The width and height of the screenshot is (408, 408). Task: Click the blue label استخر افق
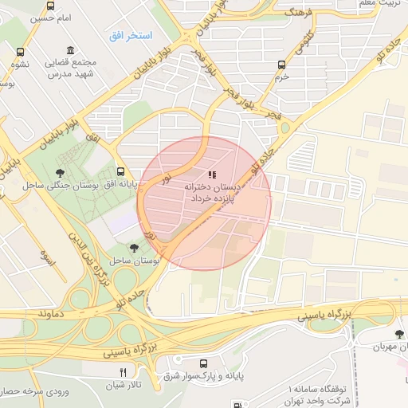pyautogui.click(x=130, y=37)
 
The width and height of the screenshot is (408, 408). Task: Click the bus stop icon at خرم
pyautogui.click(x=280, y=65)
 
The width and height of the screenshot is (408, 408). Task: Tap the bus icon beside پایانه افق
pyautogui.click(x=120, y=171)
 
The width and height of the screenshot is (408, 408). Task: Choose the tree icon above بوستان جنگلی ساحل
pyautogui.click(x=60, y=172)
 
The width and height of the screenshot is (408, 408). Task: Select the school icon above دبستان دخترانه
pyautogui.click(x=211, y=174)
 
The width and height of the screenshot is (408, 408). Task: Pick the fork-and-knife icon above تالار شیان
pyautogui.click(x=123, y=371)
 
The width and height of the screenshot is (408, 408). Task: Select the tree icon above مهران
pyautogui.click(x=398, y=333)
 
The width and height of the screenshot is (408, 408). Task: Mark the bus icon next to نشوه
pyautogui.click(x=19, y=53)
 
